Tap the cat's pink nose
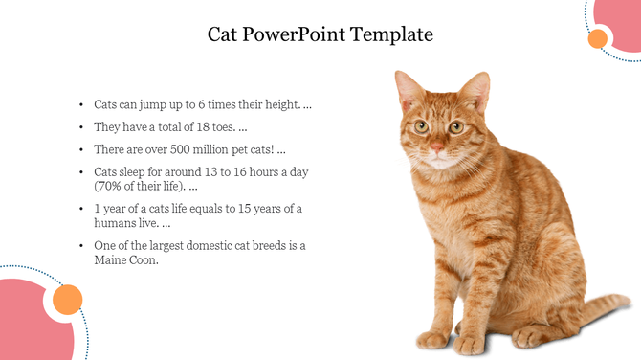pos(436,146)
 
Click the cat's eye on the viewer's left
pos(420,125)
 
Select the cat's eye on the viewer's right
pos(455,126)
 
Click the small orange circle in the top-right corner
pos(598,38)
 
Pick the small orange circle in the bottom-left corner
pos(67,300)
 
